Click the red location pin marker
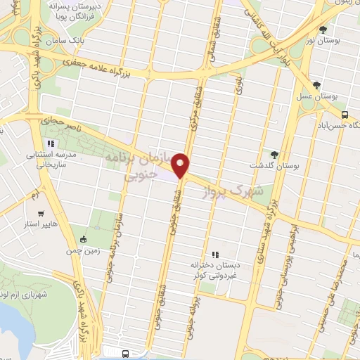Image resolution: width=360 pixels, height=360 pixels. pos(183,165)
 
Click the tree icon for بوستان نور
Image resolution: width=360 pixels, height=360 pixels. pos(323,30)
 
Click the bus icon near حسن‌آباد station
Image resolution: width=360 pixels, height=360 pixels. pos(345,115)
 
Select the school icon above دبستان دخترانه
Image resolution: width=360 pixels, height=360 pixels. pos(215,255)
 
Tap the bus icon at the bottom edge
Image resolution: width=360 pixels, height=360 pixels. pos(125,354)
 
